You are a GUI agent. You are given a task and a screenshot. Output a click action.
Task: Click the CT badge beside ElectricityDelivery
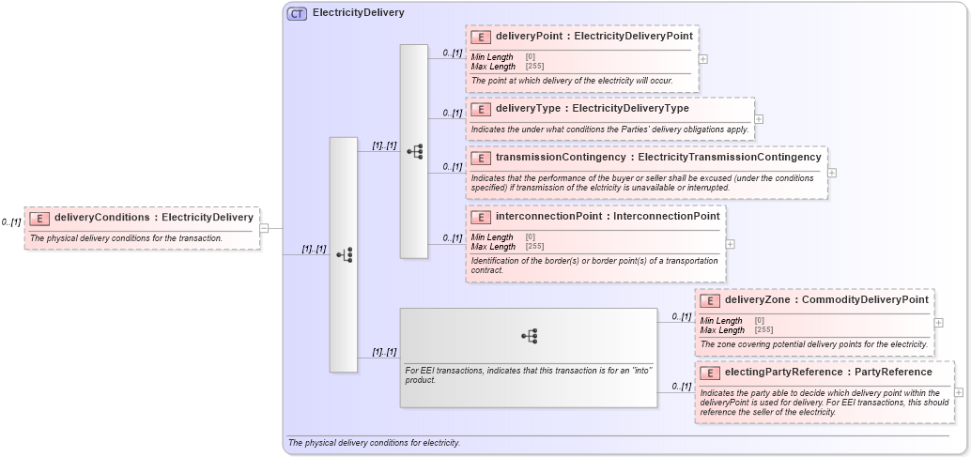coord(297,13)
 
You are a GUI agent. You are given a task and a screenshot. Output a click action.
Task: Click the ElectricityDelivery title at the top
coord(358,13)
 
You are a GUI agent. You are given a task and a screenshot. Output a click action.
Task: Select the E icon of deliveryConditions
coord(39,218)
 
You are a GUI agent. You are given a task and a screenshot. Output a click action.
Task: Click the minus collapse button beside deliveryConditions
coord(264,227)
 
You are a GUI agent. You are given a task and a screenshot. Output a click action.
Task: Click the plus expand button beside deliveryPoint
coord(703,58)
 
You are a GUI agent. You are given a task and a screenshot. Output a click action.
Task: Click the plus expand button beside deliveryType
coord(759,119)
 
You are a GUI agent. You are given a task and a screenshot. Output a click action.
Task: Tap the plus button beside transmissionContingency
coord(832,173)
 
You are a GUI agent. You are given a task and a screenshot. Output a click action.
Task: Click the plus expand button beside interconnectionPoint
coord(731,243)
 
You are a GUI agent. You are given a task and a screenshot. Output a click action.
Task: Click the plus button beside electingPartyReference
coord(959,392)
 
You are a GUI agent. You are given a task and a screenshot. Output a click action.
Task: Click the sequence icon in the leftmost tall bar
coord(344,254)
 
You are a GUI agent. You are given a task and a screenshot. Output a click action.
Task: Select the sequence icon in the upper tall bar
coord(414,151)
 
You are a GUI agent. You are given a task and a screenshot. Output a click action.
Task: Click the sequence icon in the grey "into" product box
coord(529,336)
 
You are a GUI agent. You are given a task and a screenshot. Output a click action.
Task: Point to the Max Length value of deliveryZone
coord(763,330)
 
